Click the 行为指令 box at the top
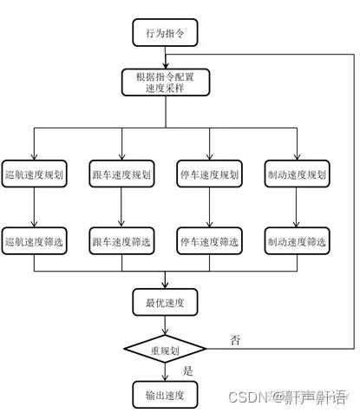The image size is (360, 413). [164, 33]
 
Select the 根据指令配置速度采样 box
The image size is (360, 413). [164, 83]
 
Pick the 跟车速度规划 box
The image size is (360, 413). [121, 174]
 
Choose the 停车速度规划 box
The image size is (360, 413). [208, 174]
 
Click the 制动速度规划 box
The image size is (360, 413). [296, 174]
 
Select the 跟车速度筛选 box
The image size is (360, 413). [121, 239]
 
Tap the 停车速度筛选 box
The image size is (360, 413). [208, 239]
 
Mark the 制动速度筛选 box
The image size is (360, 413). [296, 239]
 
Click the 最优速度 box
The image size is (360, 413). [164, 303]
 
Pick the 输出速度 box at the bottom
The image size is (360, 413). [164, 395]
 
